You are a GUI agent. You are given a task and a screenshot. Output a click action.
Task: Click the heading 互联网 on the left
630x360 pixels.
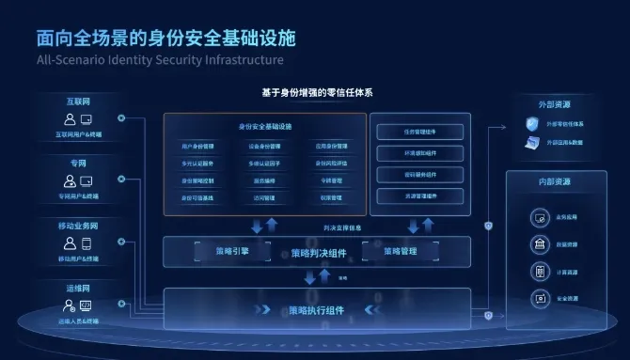point(78,100)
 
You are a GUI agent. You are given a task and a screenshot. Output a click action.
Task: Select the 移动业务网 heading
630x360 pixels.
point(78,226)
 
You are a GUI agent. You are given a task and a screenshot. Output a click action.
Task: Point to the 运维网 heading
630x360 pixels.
point(78,289)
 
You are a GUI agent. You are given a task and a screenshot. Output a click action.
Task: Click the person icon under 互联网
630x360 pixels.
point(70,119)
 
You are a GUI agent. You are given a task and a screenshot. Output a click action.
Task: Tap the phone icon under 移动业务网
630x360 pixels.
point(86,243)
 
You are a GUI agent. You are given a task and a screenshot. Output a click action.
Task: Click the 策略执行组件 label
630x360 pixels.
point(316,310)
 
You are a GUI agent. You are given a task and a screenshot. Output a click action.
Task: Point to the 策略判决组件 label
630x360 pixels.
point(316,254)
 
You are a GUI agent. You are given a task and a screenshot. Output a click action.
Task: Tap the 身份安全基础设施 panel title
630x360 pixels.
point(265,126)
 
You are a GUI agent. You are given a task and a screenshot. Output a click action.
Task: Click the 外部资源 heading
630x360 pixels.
point(556,103)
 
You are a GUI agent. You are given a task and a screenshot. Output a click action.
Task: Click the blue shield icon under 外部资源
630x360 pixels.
point(531,124)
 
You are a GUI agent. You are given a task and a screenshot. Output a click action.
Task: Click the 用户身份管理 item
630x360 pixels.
point(197,147)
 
